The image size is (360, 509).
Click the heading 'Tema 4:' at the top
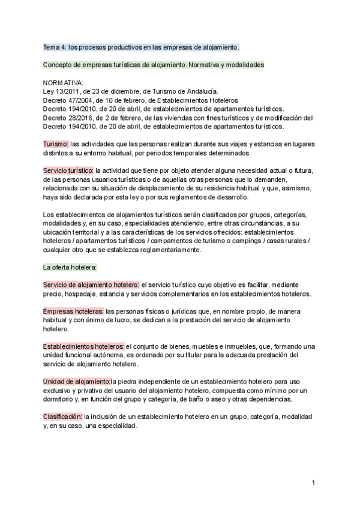58,46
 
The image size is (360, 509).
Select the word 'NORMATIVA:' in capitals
64,82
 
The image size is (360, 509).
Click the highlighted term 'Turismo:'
56,145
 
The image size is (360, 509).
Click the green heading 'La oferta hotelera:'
70,267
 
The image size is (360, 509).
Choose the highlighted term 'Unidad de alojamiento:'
76,382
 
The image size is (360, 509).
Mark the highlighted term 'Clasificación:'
62,417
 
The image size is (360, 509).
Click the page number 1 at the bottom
314,483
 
